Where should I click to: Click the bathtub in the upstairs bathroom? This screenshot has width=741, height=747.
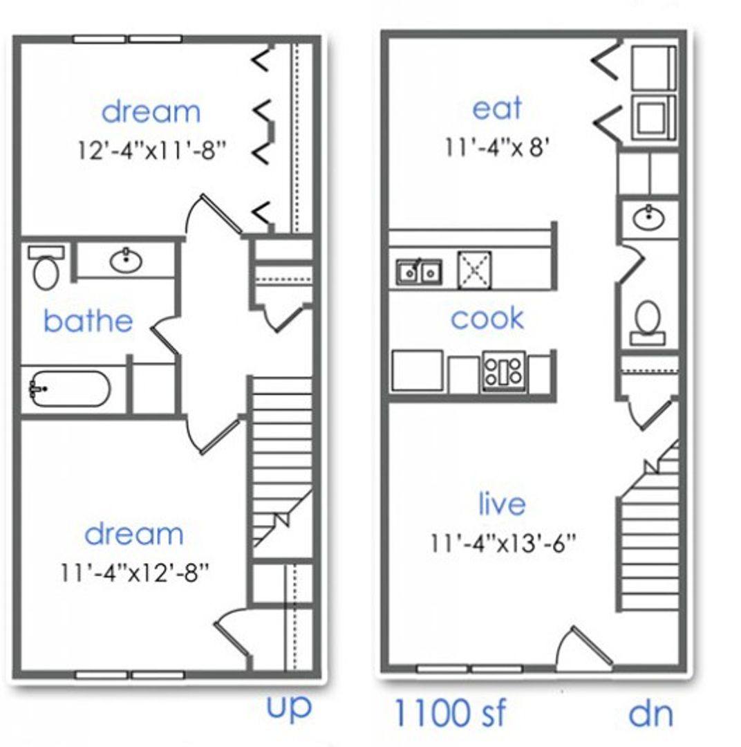point(70,389)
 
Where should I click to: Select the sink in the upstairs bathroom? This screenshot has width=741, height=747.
point(126,260)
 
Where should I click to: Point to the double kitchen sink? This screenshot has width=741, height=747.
point(419,273)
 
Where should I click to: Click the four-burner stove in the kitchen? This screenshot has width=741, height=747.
point(503,371)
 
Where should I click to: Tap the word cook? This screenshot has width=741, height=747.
point(487,317)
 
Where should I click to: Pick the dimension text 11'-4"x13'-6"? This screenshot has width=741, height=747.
point(503,542)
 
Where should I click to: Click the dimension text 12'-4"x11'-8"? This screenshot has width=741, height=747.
point(151,151)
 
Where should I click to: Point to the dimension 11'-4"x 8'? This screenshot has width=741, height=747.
point(497,147)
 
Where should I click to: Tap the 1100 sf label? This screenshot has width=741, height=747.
point(449,712)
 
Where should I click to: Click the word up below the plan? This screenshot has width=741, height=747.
point(289,707)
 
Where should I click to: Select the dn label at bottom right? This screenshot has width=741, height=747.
point(651,713)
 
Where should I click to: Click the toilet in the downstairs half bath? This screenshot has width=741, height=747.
point(648,322)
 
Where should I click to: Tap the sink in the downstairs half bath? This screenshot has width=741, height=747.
point(648,219)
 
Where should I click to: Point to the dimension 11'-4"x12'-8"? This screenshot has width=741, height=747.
point(134,572)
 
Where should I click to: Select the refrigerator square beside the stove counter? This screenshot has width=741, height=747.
point(418,371)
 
